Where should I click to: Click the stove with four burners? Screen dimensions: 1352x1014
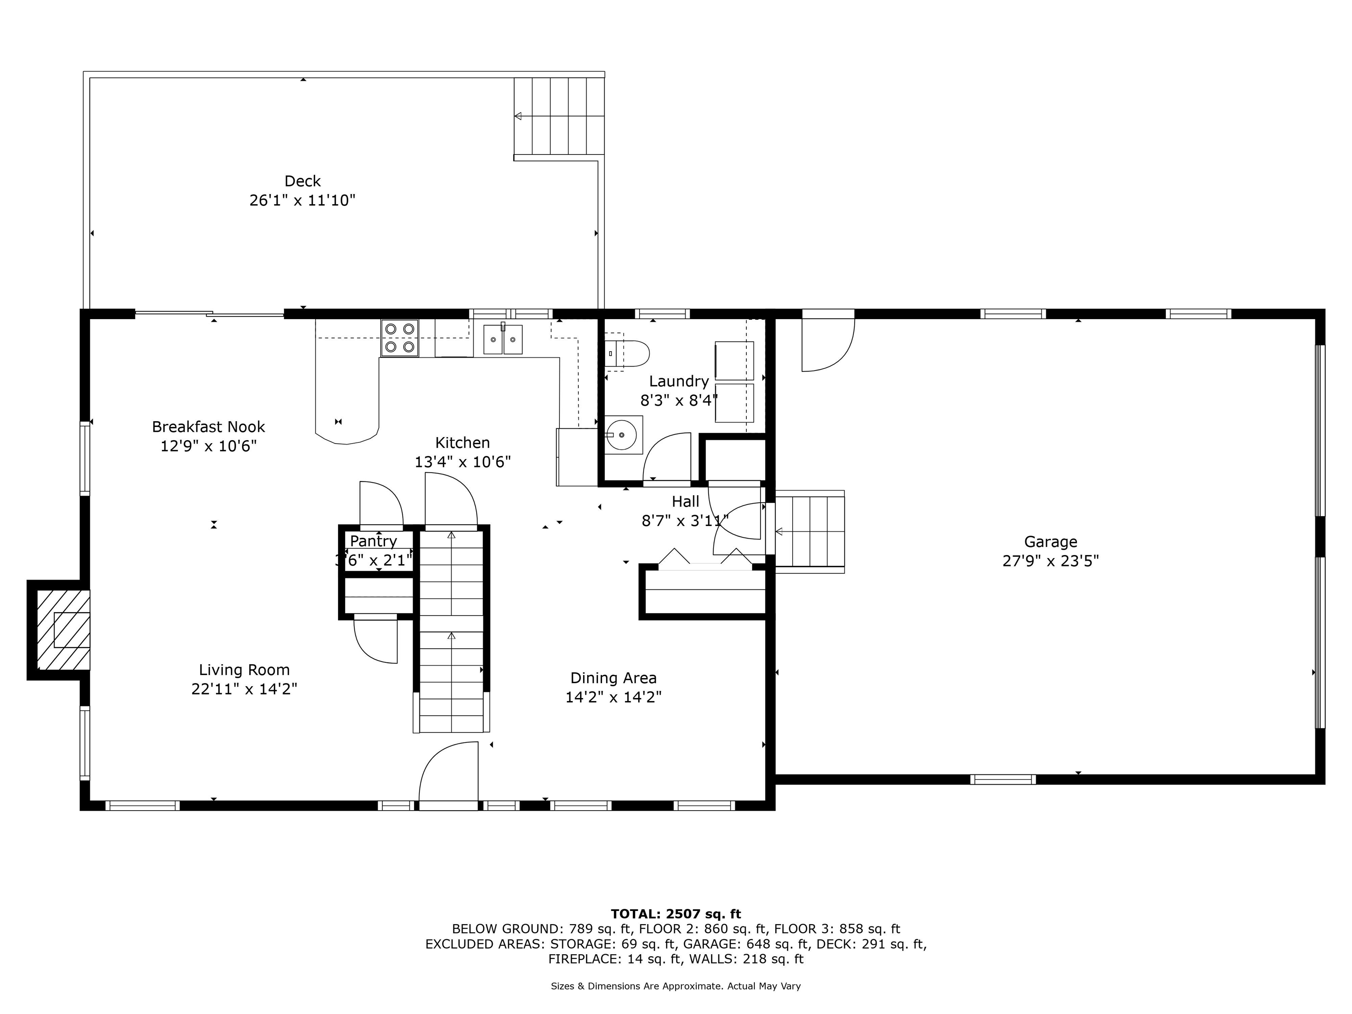[x=400, y=338]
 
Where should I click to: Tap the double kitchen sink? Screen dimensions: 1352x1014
[x=503, y=339]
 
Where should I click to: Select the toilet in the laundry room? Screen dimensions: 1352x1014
[x=627, y=353]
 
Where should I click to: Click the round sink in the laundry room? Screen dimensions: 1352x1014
[x=623, y=434]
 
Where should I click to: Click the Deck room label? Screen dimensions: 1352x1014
[x=302, y=181]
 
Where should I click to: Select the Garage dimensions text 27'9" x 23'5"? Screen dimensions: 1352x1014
[x=1051, y=561]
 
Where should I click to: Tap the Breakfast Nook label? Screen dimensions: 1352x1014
[x=209, y=426]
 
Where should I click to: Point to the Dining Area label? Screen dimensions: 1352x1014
[x=614, y=678]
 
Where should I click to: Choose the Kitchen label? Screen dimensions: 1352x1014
[x=463, y=442]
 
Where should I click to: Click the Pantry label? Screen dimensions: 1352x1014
[x=374, y=541]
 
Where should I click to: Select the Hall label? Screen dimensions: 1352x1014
[x=685, y=502]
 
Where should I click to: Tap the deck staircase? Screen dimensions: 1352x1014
[x=558, y=116]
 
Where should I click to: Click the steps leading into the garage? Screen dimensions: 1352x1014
[x=810, y=532]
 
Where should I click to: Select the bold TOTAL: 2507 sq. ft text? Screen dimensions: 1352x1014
[x=676, y=914]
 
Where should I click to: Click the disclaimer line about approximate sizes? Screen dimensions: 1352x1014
[x=676, y=986]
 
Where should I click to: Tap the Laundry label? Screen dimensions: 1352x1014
[x=679, y=382]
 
